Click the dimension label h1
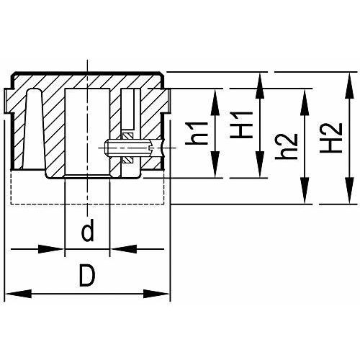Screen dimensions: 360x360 click(x=197, y=133)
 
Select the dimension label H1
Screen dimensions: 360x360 click(x=241, y=125)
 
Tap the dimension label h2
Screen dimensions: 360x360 click(x=287, y=146)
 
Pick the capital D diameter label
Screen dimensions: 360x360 click(x=87, y=275)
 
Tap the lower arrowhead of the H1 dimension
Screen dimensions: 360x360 click(x=260, y=165)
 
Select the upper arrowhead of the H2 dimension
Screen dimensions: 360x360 click(x=349, y=85)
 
